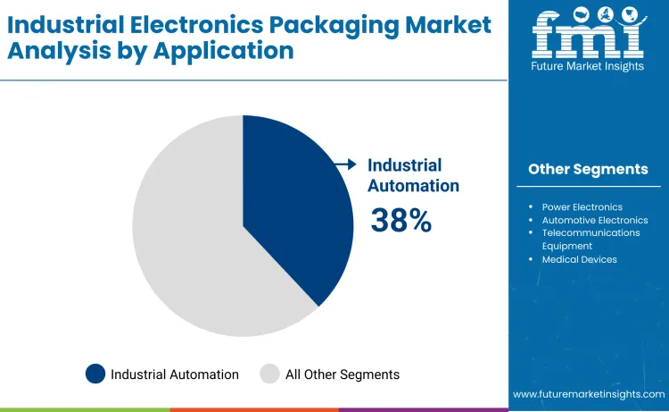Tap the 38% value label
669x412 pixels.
click(x=401, y=220)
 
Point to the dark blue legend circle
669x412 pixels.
click(x=95, y=374)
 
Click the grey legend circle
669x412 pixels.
click(x=269, y=374)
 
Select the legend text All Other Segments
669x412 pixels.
click(x=343, y=374)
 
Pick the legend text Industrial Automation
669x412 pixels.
click(x=175, y=374)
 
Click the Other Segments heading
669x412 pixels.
click(x=588, y=169)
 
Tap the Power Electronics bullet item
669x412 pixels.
click(x=582, y=206)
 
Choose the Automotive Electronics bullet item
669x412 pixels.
click(x=594, y=220)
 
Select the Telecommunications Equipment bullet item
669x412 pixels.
click(x=591, y=239)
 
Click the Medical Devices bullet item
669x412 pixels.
click(x=579, y=259)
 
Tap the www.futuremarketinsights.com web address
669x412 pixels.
click(x=589, y=393)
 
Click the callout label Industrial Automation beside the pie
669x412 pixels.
click(x=413, y=175)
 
